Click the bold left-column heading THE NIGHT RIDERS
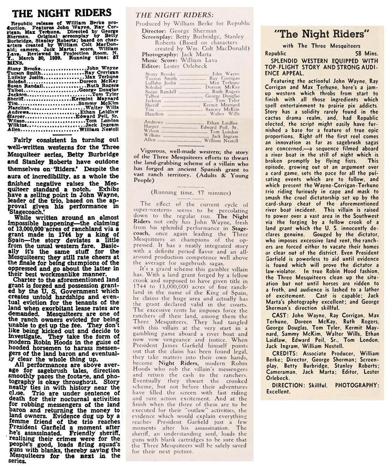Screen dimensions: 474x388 coord(62,13)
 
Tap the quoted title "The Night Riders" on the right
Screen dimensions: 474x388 coord(322,34)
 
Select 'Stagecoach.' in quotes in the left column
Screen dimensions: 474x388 coord(26,212)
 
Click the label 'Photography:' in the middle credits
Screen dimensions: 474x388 coord(157,55)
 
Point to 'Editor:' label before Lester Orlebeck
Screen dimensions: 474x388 coord(151,66)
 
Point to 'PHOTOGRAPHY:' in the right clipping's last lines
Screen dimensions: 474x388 coord(357,385)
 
